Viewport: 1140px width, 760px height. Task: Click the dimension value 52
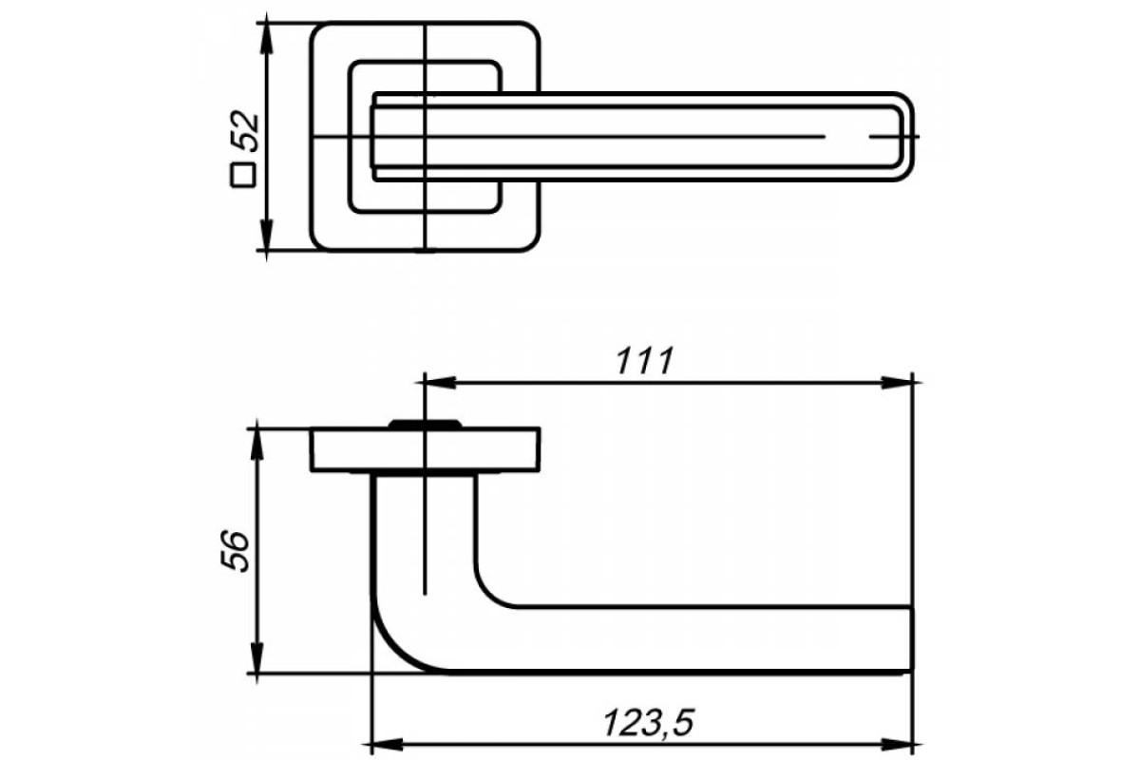click(x=245, y=131)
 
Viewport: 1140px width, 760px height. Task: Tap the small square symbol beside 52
click(x=243, y=175)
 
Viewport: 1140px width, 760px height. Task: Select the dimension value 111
click(x=645, y=361)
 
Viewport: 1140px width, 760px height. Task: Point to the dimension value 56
click(x=235, y=551)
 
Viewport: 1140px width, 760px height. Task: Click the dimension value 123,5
click(x=648, y=723)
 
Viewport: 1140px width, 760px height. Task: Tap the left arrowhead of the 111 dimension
click(x=440, y=382)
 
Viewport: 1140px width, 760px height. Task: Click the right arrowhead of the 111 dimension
click(x=898, y=382)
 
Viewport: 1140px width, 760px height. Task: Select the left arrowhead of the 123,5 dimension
click(x=389, y=744)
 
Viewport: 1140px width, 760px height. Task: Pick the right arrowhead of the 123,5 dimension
click(x=898, y=744)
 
